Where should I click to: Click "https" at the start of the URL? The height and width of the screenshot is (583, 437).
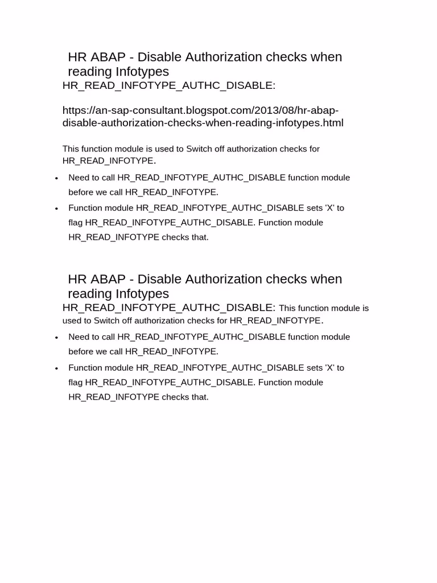tap(74, 110)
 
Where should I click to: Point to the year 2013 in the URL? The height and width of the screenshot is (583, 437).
tap(263, 110)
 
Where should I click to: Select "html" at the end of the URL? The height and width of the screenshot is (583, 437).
tap(333, 123)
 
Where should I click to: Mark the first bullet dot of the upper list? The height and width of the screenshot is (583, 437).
tap(56, 178)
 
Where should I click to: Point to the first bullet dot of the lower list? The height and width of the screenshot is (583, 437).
tap(56, 338)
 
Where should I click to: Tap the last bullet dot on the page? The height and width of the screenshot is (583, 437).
tap(56, 368)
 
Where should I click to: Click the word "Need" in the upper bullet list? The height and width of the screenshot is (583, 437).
tap(79, 178)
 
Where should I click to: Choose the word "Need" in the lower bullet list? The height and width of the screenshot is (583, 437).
tap(79, 337)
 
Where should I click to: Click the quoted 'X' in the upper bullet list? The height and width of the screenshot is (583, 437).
tap(329, 208)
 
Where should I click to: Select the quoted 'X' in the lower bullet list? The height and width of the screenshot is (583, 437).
tap(329, 367)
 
